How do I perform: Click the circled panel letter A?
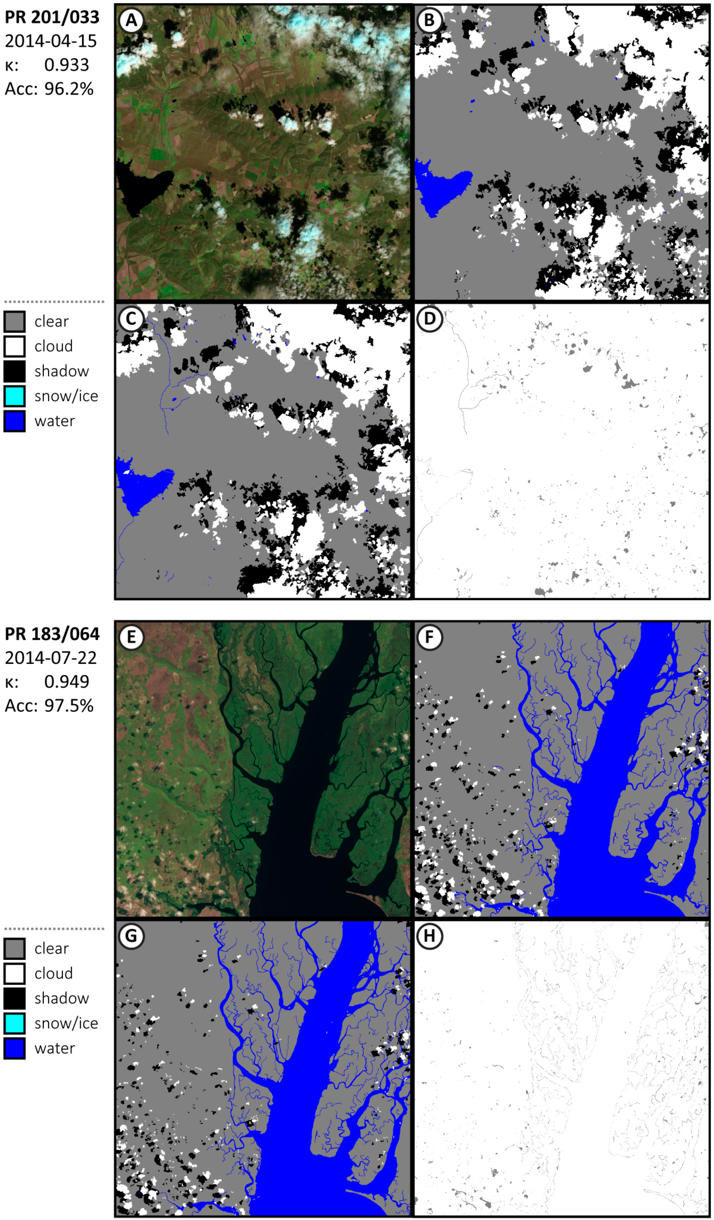(x=131, y=21)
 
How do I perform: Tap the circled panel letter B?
(x=429, y=21)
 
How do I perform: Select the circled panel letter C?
(x=131, y=319)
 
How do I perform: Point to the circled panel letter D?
(x=429, y=319)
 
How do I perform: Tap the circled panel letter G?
(x=131, y=936)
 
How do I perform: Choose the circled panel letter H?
(x=429, y=936)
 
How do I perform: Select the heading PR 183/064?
(x=52, y=634)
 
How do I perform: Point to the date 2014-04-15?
(x=51, y=41)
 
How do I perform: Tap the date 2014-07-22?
(x=51, y=658)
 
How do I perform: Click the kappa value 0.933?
(x=67, y=65)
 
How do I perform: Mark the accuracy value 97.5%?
(x=69, y=706)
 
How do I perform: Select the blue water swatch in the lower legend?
(x=15, y=1048)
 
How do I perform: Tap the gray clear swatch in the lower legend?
(x=15, y=948)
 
